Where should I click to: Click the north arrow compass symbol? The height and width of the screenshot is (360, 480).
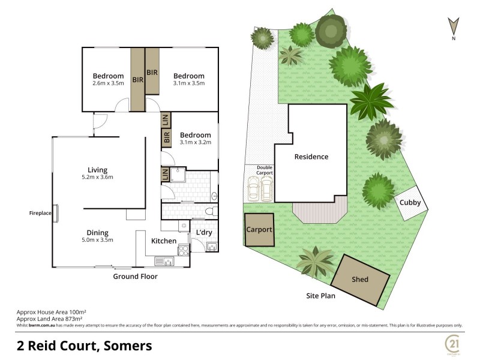[454, 26]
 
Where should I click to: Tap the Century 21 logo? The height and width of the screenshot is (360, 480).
[452, 344]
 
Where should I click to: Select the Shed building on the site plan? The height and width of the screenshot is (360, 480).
[361, 279]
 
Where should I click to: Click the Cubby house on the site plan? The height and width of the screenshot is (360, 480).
[411, 203]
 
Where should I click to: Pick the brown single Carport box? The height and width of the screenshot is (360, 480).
[259, 229]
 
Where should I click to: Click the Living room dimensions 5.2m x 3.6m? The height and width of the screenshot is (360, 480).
[98, 177]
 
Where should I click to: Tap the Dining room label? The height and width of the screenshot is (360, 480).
[98, 232]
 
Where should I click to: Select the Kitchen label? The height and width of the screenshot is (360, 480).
[163, 241]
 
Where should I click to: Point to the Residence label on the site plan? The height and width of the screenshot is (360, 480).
[311, 157]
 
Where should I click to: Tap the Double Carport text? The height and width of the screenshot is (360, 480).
[265, 170]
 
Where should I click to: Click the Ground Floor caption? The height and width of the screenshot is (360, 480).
[135, 277]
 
